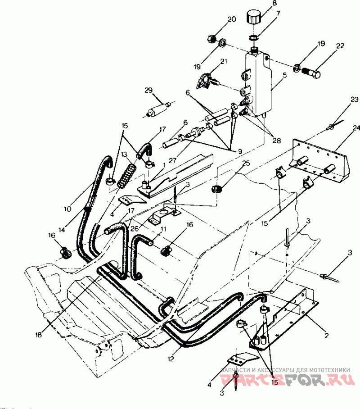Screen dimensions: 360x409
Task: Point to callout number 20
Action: [x=232, y=19]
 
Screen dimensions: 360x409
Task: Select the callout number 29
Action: [x=148, y=91]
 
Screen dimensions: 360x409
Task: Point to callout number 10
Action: [x=68, y=209]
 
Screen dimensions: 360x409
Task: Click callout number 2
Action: [x=327, y=336]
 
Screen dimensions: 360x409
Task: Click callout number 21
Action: [x=224, y=62]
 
